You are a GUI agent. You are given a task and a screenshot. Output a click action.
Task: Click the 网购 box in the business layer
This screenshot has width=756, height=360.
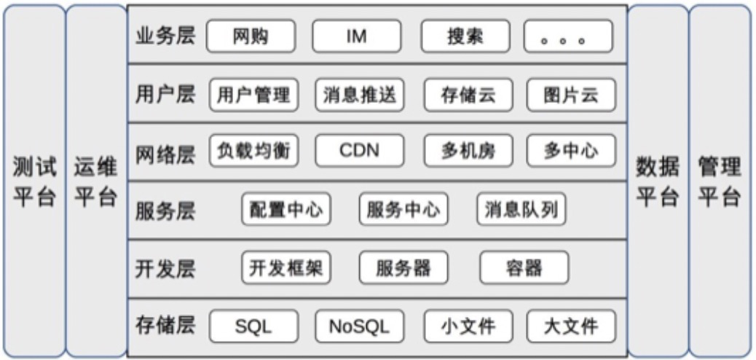[x=251, y=36]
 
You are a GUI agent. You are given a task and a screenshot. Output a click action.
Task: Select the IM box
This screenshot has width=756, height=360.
[x=357, y=36]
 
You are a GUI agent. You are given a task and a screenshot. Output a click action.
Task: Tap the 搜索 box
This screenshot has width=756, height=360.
[x=465, y=36]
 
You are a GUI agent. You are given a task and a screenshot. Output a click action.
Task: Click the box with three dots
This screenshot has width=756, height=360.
[x=568, y=36]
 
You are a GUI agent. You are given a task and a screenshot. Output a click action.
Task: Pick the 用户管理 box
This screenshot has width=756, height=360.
[x=253, y=95]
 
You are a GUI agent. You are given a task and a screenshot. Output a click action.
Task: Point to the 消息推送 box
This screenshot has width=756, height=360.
[x=360, y=95]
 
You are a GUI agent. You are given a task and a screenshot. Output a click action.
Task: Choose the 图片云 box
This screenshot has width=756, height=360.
[x=571, y=95]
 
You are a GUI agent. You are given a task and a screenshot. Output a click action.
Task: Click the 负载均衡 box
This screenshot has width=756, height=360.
[x=253, y=151]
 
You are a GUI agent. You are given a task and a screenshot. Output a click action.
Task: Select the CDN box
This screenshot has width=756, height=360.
[x=360, y=151]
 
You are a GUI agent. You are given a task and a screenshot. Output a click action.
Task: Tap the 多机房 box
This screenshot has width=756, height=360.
[x=468, y=151]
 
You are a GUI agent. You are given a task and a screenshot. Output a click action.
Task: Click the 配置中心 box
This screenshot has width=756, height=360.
[x=286, y=210]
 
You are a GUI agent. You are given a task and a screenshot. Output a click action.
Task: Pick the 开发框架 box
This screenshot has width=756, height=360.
[x=286, y=268]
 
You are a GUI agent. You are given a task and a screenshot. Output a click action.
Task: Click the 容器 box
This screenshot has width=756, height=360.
[x=524, y=268]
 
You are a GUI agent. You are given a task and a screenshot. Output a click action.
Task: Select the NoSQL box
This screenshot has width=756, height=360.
[x=360, y=326]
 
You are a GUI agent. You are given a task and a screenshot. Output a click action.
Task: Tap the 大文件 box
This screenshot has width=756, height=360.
[x=571, y=326]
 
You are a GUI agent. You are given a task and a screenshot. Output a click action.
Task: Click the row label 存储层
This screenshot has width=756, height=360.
[x=165, y=325]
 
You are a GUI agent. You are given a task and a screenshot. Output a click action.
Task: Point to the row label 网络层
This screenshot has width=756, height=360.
[x=165, y=153]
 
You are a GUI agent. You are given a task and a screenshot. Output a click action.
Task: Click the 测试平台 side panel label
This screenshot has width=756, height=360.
[x=34, y=182]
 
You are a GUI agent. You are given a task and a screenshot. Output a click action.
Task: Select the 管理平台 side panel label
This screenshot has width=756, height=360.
[x=720, y=182]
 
